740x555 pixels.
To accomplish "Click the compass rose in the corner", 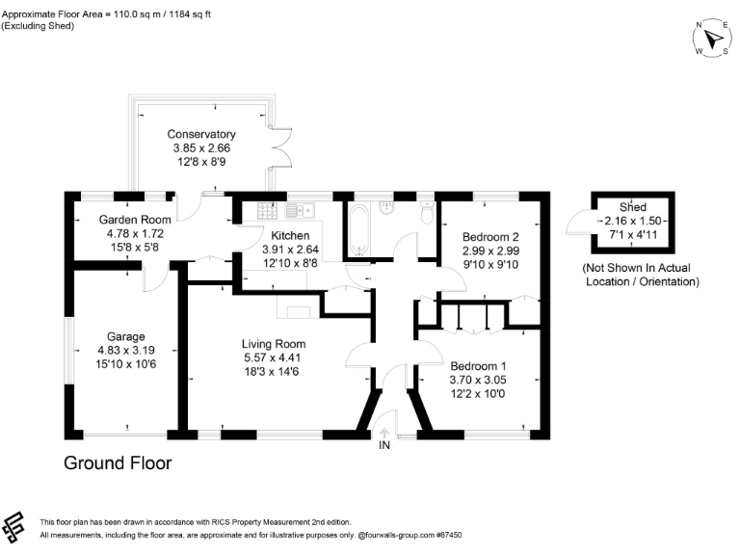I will [x=712, y=39].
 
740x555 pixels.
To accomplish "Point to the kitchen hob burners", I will [x=267, y=210].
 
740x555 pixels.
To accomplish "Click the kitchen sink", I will [x=299, y=209].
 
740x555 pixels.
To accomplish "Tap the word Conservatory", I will [x=201, y=134].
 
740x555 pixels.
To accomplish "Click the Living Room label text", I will [x=273, y=343].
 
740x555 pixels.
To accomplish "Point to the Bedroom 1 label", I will [x=478, y=366].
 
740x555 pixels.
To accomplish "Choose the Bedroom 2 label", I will [x=490, y=237].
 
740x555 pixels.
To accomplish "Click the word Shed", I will [x=633, y=207].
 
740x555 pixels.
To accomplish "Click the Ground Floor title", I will [x=118, y=463].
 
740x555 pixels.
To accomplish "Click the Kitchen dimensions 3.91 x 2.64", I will [x=289, y=249].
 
